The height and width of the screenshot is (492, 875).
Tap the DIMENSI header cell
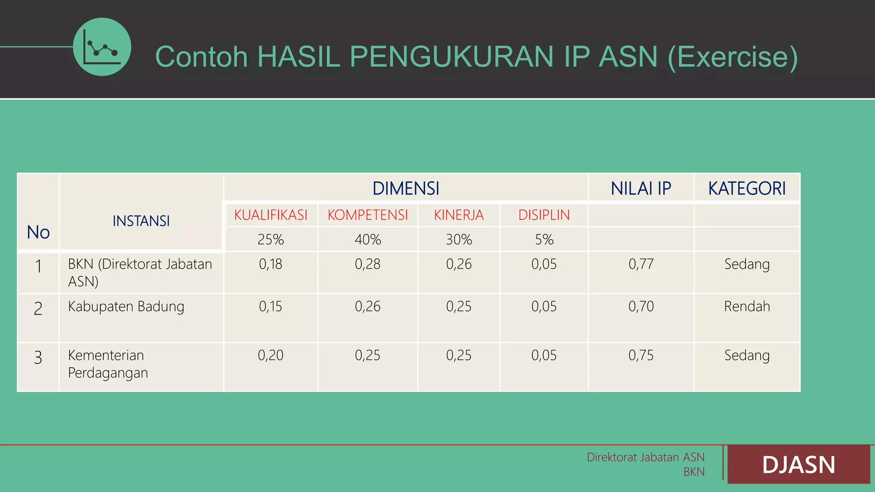point(405,188)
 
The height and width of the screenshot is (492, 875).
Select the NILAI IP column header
point(641,188)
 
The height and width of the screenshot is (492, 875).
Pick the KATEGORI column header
point(747,188)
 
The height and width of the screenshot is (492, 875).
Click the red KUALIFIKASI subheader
point(270,215)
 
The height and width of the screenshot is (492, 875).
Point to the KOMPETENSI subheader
point(367,215)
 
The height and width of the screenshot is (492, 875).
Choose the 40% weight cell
point(367,240)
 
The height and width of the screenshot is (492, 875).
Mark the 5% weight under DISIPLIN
point(544,240)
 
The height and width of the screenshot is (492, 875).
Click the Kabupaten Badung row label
point(126,307)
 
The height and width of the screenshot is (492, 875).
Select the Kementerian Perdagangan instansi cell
point(108,364)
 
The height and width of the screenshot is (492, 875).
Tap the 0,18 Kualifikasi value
point(270,264)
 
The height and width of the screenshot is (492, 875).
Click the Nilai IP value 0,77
point(641,264)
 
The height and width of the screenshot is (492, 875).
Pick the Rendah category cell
point(747,307)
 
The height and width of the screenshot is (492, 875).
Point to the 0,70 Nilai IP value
point(641,307)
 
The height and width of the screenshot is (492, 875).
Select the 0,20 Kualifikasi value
point(270,355)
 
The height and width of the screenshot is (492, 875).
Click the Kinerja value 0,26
point(459,264)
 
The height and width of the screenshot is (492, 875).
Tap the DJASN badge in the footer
point(799,465)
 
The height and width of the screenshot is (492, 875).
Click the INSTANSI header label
point(141,221)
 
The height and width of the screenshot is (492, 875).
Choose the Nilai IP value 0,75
point(641,355)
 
